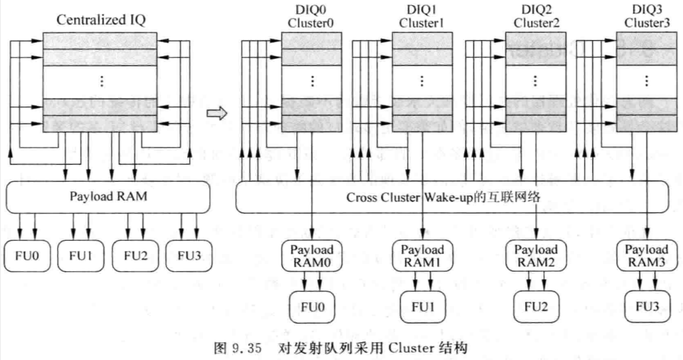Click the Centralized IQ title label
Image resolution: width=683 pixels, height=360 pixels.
[100, 20]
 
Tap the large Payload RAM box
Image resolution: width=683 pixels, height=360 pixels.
[108, 197]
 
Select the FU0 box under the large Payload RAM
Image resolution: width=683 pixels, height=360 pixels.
[27, 256]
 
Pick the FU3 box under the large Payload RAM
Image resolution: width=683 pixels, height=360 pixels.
[189, 256]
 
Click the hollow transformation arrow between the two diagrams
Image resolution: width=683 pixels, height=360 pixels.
[217, 113]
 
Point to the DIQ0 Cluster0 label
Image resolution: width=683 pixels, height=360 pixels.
[311, 16]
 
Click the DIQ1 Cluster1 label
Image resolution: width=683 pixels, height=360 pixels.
[421, 16]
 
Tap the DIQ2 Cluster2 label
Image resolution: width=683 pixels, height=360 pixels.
[536, 16]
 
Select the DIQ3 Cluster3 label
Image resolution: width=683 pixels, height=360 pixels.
[647, 16]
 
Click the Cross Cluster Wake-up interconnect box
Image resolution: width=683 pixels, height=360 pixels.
[452, 197]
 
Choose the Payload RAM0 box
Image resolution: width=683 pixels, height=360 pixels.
[312, 256]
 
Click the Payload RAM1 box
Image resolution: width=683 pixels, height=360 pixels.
[422, 256]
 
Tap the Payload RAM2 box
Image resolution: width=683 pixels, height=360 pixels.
[536, 256]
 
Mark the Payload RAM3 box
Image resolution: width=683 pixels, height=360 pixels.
[647, 256]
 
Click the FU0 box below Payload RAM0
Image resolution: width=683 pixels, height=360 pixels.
[312, 307]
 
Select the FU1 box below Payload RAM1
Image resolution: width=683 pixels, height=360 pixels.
[423, 307]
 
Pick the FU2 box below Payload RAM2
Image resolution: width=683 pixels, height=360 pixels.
[536, 307]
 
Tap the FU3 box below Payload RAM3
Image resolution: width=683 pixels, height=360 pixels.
[647, 307]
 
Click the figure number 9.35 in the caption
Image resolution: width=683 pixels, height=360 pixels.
[246, 348]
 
